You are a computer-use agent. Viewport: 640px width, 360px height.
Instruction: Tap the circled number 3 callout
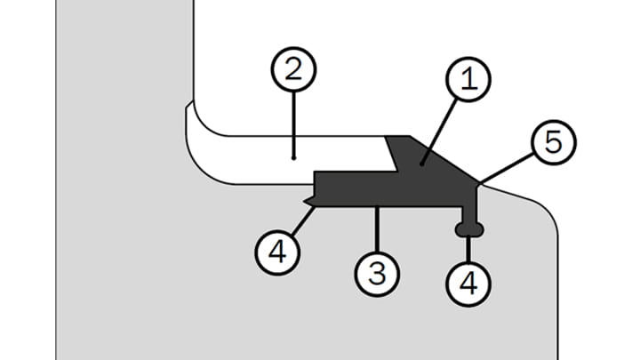pyautogui.click(x=378, y=273)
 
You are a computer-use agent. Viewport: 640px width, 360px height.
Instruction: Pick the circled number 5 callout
pyautogui.click(x=553, y=142)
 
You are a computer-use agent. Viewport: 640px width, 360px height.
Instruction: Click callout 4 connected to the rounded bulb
pyautogui.click(x=469, y=284)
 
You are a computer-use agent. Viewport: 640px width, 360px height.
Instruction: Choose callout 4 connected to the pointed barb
pyautogui.click(x=279, y=252)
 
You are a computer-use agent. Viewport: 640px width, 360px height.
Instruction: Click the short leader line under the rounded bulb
pyautogui.click(x=469, y=248)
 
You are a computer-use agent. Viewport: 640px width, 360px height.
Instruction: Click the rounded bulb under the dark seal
pyautogui.click(x=469, y=230)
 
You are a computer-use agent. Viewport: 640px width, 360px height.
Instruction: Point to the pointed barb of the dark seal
pyautogui.click(x=308, y=202)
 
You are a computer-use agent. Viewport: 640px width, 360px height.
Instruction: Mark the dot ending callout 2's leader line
pyautogui.click(x=293, y=157)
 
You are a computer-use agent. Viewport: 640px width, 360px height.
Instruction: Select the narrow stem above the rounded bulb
pyautogui.click(x=469, y=213)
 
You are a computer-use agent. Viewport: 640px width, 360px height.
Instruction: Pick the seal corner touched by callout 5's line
pyautogui.click(x=479, y=184)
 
